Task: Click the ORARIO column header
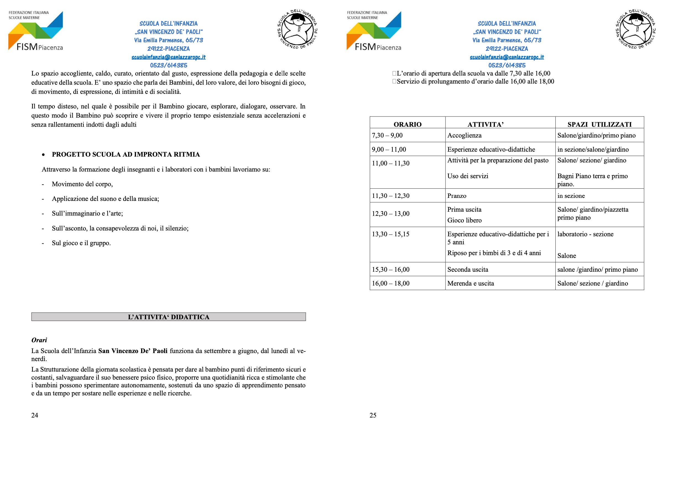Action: (x=407, y=124)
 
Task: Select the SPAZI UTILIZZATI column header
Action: (x=599, y=124)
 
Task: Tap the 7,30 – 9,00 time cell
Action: (x=387, y=136)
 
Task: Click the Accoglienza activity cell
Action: (x=464, y=136)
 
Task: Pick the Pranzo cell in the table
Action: (x=457, y=196)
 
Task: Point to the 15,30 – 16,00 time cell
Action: (x=391, y=269)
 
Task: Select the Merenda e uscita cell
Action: (x=470, y=283)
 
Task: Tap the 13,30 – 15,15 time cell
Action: (x=391, y=234)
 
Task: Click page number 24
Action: (x=35, y=415)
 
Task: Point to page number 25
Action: (x=373, y=415)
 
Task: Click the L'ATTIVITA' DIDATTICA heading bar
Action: (x=168, y=317)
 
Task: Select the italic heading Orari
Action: (x=39, y=340)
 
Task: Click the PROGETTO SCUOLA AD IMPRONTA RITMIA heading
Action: (x=126, y=154)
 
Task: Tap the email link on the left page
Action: (x=168, y=57)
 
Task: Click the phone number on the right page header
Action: (x=507, y=65)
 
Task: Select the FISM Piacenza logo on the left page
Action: (x=36, y=31)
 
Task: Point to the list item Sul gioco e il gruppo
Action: (x=81, y=243)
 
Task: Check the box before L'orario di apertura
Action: (x=394, y=73)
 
